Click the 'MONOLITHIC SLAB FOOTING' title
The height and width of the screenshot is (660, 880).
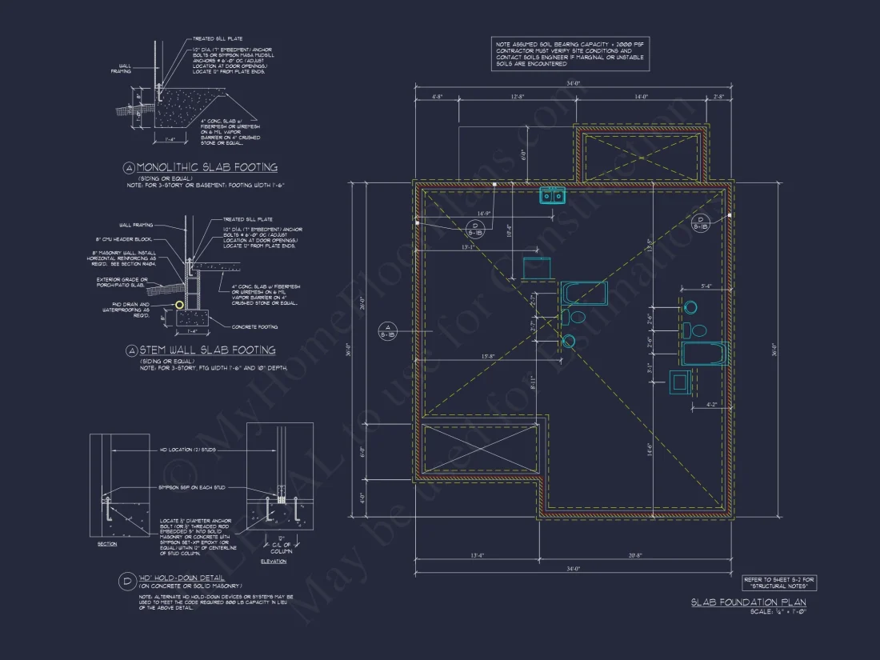click(206, 167)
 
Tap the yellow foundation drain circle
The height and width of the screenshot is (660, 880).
click(180, 304)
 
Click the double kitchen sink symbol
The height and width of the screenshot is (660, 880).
click(551, 195)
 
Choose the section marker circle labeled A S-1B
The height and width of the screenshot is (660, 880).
click(386, 331)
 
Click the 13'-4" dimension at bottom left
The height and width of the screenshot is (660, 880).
click(477, 556)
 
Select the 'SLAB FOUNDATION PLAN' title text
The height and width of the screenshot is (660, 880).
click(748, 602)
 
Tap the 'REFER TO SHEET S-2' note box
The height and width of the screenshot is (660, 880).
click(778, 582)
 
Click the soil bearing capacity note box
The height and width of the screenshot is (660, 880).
click(568, 54)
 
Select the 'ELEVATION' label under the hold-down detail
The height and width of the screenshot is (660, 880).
click(274, 561)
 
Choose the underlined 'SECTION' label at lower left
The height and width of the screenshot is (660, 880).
click(106, 544)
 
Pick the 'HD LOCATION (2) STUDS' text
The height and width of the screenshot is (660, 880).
click(192, 450)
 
